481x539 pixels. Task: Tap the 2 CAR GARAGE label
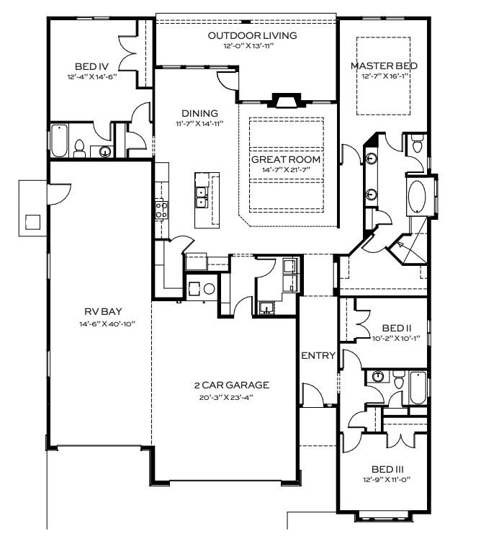[x=232, y=385]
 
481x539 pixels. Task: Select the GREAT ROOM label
[x=286, y=159]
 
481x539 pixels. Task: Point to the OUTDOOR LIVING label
[x=253, y=35]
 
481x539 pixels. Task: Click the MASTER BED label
[x=384, y=66]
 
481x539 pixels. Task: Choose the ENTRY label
[x=318, y=355]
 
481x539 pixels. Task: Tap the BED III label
[x=387, y=469]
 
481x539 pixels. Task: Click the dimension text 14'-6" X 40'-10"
[x=107, y=324]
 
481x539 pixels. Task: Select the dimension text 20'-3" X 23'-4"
[x=226, y=397]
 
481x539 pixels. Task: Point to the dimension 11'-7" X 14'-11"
[x=200, y=124]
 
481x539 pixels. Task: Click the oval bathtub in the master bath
[x=417, y=196]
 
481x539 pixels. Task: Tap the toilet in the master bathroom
[x=418, y=143]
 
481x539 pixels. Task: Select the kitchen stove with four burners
[x=161, y=210]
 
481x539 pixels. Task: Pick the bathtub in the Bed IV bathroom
[x=59, y=141]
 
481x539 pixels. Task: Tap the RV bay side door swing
[x=59, y=195]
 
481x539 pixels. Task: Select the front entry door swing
[x=313, y=396]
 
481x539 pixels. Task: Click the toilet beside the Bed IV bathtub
[x=79, y=148]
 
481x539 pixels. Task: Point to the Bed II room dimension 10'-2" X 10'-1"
[x=396, y=338]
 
